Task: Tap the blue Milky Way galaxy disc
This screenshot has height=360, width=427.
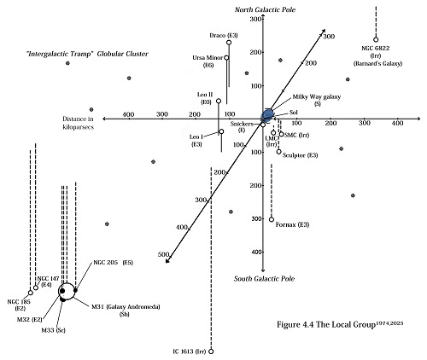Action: click(267, 115)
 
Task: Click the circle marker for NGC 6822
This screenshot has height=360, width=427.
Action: click(376, 39)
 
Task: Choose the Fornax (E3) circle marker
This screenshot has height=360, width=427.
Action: click(272, 219)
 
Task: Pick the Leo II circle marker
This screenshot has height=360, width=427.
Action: click(219, 102)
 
